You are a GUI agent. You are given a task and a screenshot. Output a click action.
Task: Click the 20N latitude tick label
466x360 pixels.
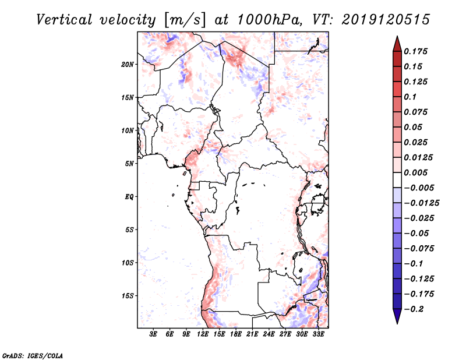coord(128,64)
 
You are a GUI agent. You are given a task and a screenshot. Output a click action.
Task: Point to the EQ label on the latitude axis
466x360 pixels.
coord(129,197)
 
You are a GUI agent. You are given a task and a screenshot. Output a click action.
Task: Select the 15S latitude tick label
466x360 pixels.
coord(128,296)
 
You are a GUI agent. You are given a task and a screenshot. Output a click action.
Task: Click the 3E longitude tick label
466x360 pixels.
coord(154,335)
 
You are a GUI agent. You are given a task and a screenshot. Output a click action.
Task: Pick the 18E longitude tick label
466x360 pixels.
coord(236,335)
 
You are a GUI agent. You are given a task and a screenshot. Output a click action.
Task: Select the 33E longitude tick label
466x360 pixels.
coord(319,335)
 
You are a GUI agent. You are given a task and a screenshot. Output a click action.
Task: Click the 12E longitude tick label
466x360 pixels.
coord(203,335)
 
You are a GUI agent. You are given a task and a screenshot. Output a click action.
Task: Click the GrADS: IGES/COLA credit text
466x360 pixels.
coord(33,355)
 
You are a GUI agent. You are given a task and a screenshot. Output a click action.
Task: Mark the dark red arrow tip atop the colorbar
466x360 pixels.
coord(397,41)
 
